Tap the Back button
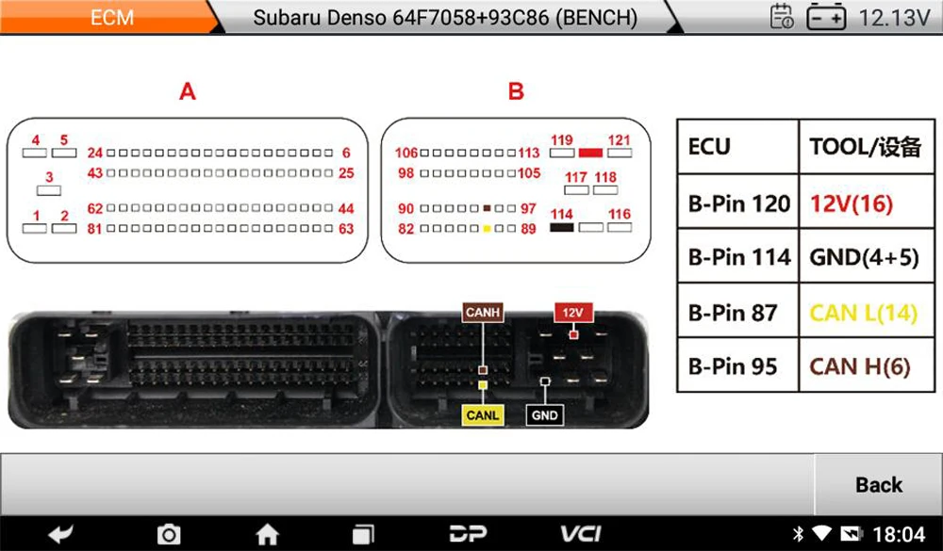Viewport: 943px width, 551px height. [878, 484]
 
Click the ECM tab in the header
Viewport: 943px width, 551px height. [111, 17]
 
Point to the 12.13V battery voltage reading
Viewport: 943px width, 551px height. [894, 17]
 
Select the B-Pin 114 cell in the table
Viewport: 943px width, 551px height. [739, 256]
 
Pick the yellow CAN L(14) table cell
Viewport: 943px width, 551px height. [863, 312]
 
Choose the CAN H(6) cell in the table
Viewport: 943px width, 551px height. [860, 365]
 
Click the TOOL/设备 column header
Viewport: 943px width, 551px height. [864, 147]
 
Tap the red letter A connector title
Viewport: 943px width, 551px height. [188, 91]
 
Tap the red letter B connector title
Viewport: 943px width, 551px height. [516, 91]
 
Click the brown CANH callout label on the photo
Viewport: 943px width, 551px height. [482, 313]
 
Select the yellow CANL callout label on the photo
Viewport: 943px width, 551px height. [482, 414]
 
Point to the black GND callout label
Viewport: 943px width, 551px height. [545, 414]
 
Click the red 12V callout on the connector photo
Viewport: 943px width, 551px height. [572, 313]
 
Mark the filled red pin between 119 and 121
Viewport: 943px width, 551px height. [591, 152]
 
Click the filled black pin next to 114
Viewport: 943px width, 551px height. [562, 227]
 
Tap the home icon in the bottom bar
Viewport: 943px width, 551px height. [268, 534]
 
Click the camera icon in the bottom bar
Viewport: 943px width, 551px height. [168, 534]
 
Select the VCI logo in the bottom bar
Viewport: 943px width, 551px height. [581, 534]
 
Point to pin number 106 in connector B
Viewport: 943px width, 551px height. [405, 154]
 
